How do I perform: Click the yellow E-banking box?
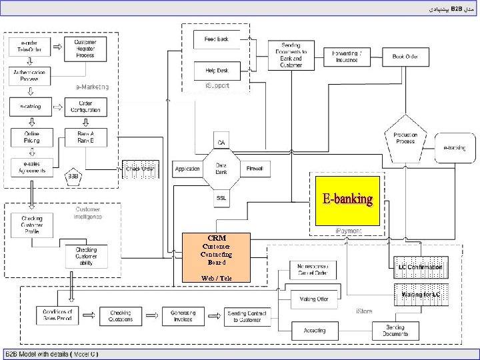pyautogui.click(x=347, y=200)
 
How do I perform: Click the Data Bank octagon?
pyautogui.click(x=221, y=169)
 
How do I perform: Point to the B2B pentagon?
pyautogui.click(x=73, y=176)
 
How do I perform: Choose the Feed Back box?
pyautogui.click(x=217, y=39)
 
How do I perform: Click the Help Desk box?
pyautogui.click(x=217, y=70)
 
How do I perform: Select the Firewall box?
pyautogui.click(x=255, y=169)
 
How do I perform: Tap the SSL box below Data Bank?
pyautogui.click(x=221, y=198)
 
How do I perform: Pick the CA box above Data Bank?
pyautogui.click(x=221, y=142)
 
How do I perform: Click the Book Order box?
pyautogui.click(x=405, y=57)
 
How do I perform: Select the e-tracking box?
pyautogui.click(x=455, y=147)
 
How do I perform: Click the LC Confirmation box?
pyautogui.click(x=420, y=267)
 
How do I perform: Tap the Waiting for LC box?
pyautogui.click(x=420, y=294)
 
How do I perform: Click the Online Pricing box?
pyautogui.click(x=28, y=137)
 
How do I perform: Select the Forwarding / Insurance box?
pyautogui.click(x=347, y=57)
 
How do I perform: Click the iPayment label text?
pyautogui.click(x=348, y=231)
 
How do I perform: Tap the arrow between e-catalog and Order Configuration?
pyautogui.click(x=55, y=107)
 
